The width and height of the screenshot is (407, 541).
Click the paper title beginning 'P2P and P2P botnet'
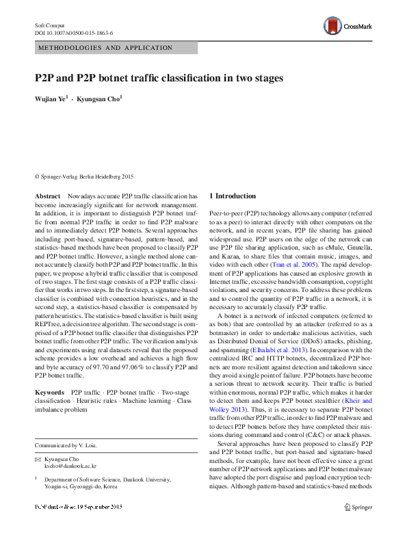click(159, 79)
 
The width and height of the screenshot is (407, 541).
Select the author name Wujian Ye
click(51, 99)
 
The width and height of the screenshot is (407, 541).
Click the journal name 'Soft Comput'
click(50, 25)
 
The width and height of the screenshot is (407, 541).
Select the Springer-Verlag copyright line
click(84, 176)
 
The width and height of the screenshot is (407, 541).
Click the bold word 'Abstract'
click(47, 196)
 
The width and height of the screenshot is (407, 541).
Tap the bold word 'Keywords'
click(50, 393)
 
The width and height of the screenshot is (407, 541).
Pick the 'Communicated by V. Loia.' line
click(66, 445)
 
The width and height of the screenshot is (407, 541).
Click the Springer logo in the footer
click(358, 526)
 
